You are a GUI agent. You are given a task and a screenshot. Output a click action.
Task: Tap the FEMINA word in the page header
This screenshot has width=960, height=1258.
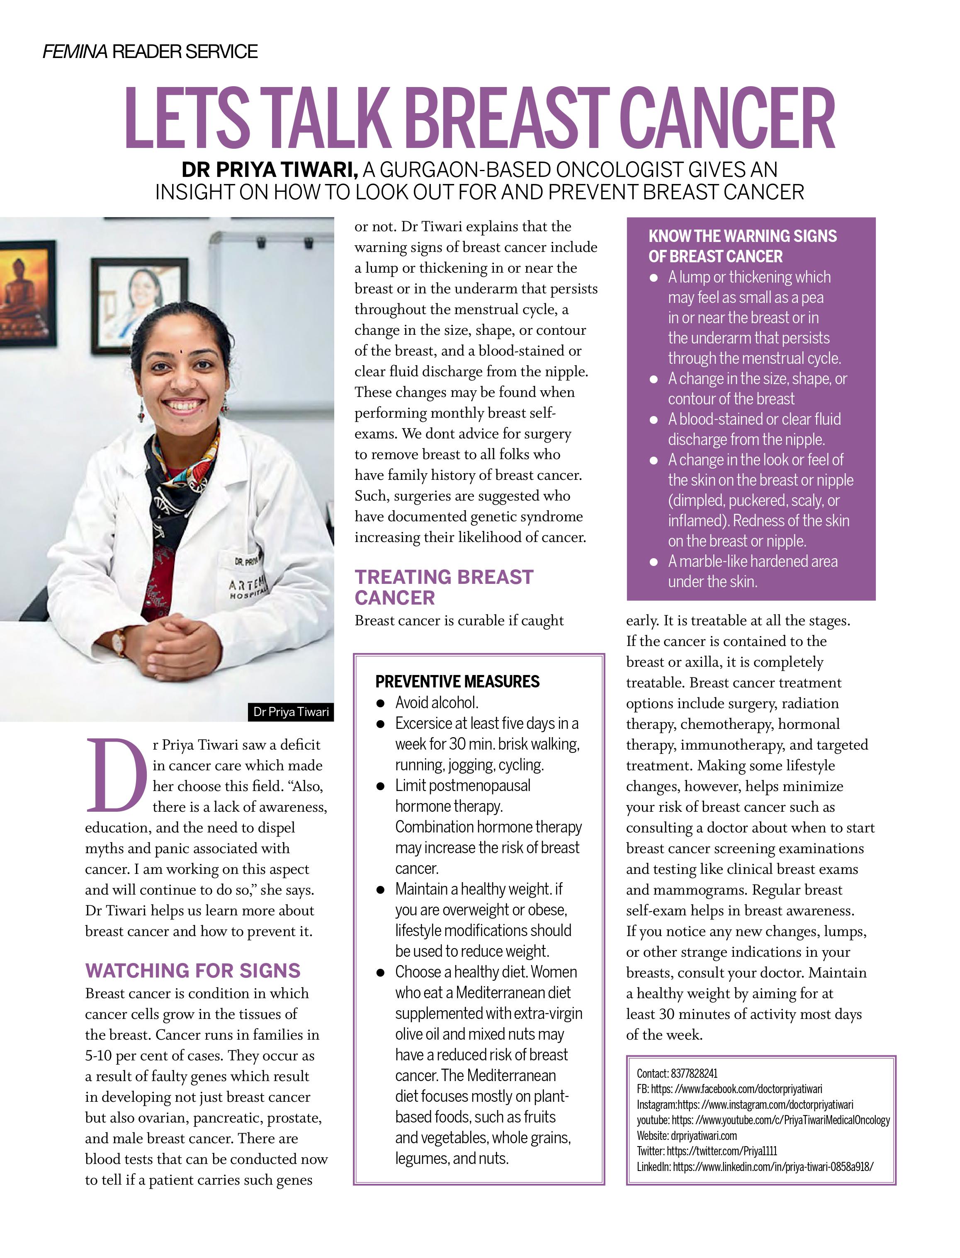[x=75, y=52]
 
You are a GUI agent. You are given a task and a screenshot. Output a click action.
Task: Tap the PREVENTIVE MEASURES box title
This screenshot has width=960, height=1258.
[x=457, y=681]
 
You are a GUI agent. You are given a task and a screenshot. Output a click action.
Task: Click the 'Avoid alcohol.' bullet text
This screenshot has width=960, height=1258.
[x=437, y=702]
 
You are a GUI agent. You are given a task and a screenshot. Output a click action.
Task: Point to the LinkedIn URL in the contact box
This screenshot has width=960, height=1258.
[x=773, y=1167]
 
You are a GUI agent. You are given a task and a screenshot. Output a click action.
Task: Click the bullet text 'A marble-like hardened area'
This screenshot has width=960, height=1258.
[x=753, y=561]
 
